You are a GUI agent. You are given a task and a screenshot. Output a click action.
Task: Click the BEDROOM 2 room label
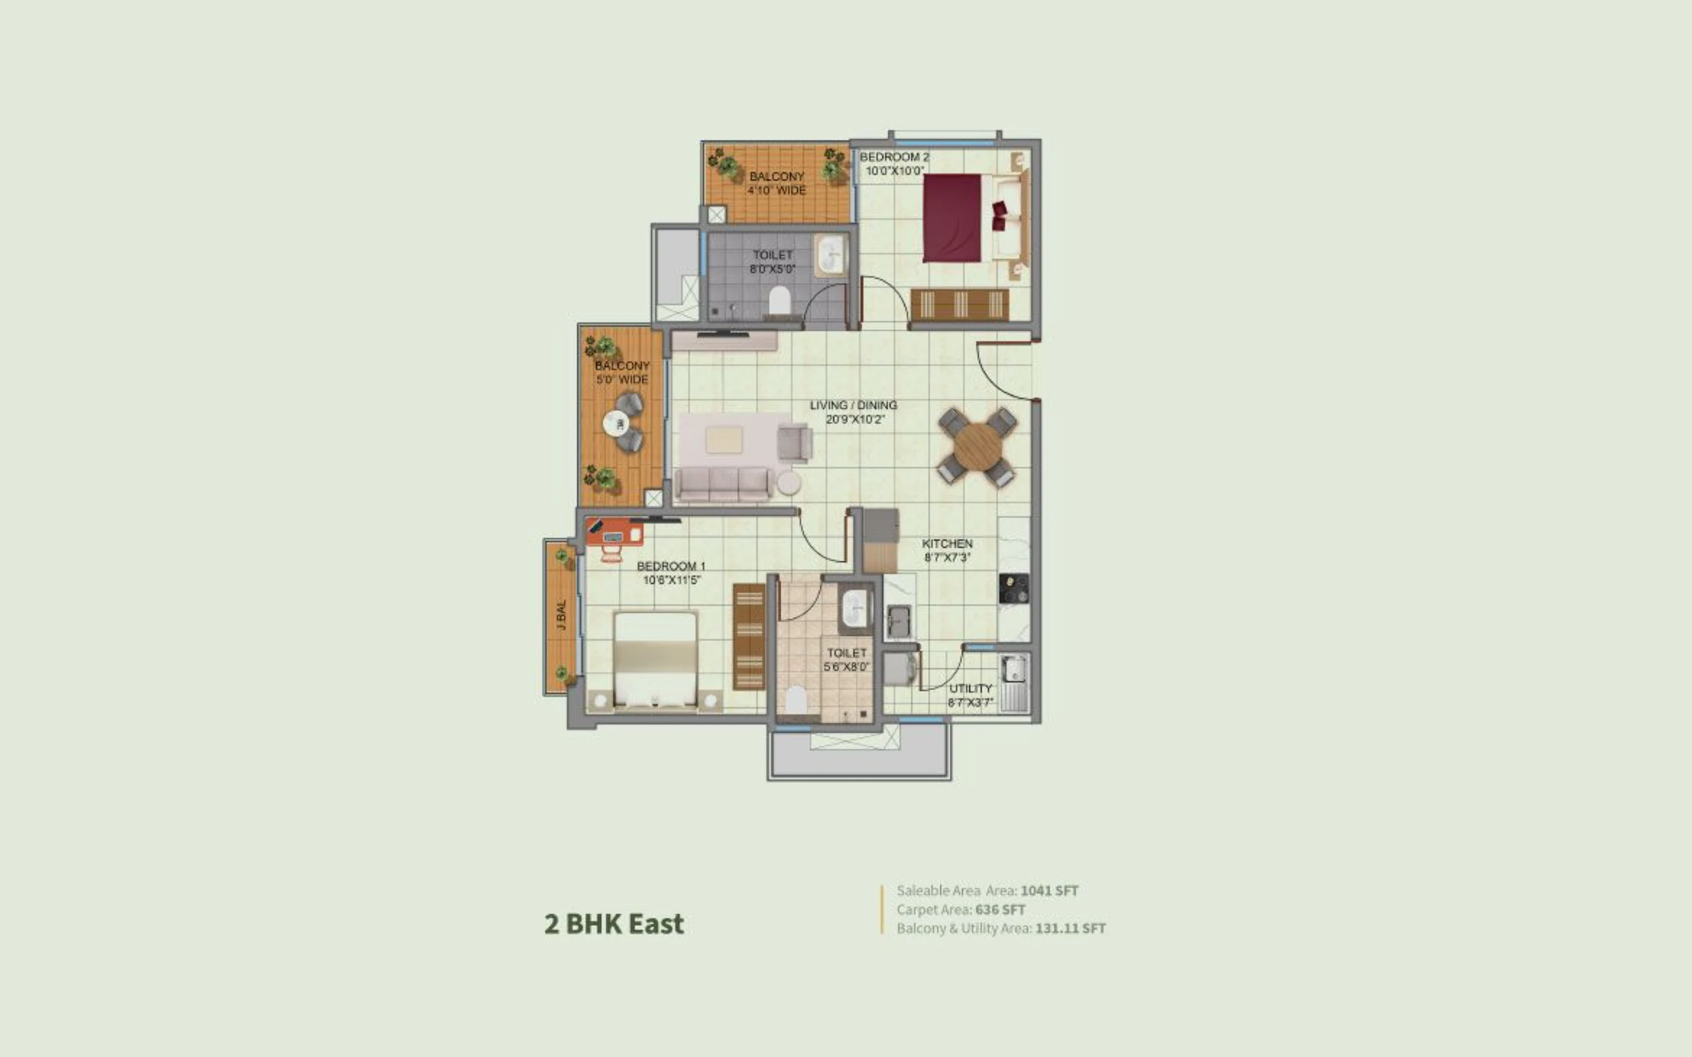click(x=894, y=157)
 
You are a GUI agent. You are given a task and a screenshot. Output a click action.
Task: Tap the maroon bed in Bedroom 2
click(x=952, y=218)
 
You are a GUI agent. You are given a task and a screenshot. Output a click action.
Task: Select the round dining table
click(x=978, y=447)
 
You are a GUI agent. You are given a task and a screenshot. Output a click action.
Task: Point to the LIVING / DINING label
click(x=853, y=405)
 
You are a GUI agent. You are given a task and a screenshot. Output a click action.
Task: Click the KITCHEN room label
click(x=947, y=543)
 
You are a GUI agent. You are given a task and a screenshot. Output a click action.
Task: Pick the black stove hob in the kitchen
click(x=1014, y=588)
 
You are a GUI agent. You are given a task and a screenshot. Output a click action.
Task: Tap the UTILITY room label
click(x=970, y=689)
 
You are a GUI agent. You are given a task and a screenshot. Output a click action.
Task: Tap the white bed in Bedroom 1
click(x=655, y=660)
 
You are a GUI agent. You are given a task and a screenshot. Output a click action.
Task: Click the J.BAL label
click(x=562, y=615)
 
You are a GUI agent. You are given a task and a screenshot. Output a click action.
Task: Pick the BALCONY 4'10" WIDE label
click(x=777, y=183)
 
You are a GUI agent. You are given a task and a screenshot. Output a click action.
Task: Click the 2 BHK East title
click(x=614, y=924)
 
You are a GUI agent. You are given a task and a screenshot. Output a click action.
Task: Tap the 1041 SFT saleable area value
click(x=1049, y=891)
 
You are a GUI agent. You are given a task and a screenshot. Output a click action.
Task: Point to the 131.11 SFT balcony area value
click(x=1071, y=928)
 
